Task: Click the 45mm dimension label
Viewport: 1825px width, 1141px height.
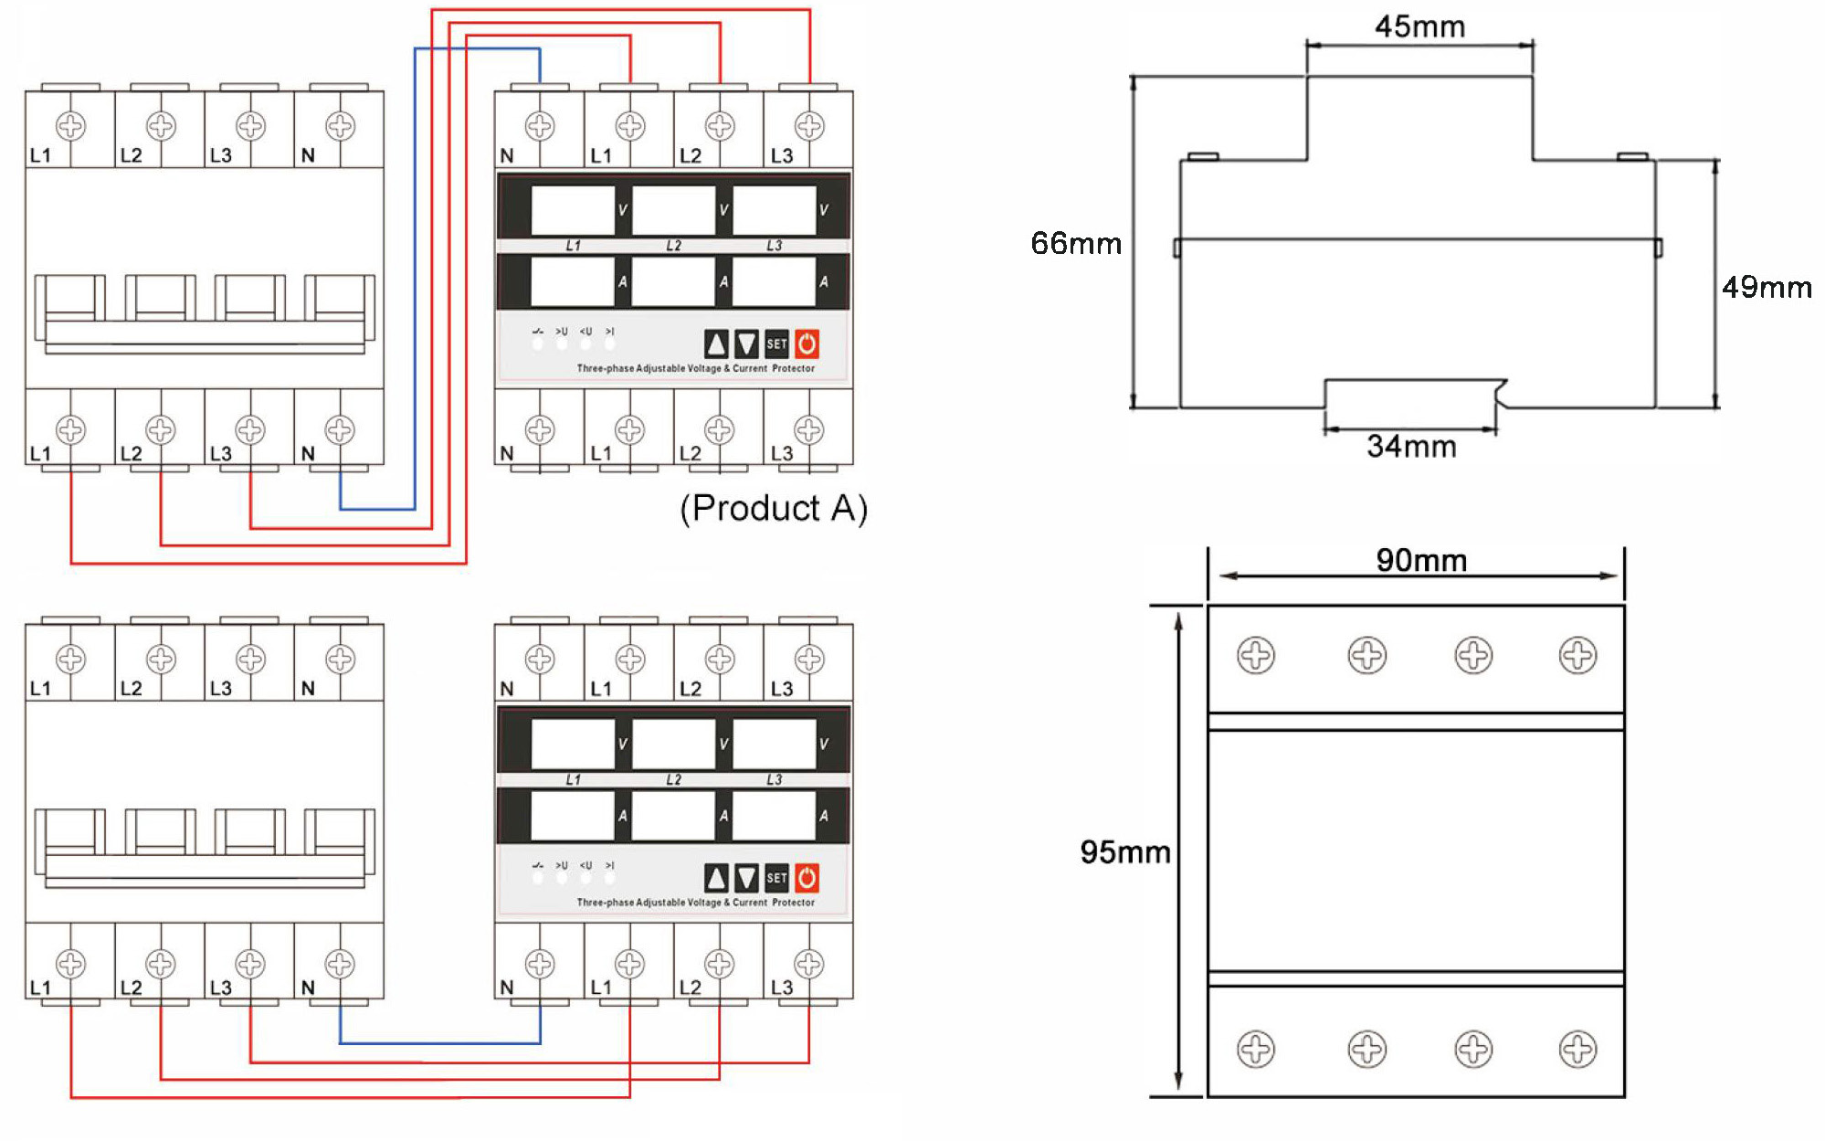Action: click(x=1419, y=26)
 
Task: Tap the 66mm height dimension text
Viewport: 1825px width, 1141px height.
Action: click(x=1075, y=244)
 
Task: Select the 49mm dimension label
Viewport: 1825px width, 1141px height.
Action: click(x=1766, y=288)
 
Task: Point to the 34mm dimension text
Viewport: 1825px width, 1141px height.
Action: click(x=1411, y=447)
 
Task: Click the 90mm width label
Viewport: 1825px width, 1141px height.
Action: click(x=1421, y=560)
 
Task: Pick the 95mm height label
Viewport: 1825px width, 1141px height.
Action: click(x=1124, y=852)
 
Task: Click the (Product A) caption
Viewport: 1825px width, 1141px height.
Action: click(x=774, y=508)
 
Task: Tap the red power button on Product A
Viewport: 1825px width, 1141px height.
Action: click(x=807, y=344)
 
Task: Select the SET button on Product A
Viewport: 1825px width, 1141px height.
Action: click(x=776, y=344)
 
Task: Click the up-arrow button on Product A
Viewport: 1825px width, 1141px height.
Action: click(x=717, y=344)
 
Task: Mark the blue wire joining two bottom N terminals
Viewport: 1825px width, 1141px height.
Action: click(x=438, y=1042)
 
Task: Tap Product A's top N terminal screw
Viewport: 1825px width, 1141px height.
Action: click(x=540, y=126)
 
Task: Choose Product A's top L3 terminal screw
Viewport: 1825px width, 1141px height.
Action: click(x=809, y=126)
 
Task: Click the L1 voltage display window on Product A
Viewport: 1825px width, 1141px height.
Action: click(x=573, y=210)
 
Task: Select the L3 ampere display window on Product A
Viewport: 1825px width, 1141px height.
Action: click(x=774, y=281)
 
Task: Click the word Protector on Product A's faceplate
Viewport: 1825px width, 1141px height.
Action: click(x=793, y=369)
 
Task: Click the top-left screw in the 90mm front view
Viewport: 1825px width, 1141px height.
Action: click(x=1256, y=655)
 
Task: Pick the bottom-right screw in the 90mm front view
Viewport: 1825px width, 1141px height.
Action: click(x=1577, y=1049)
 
